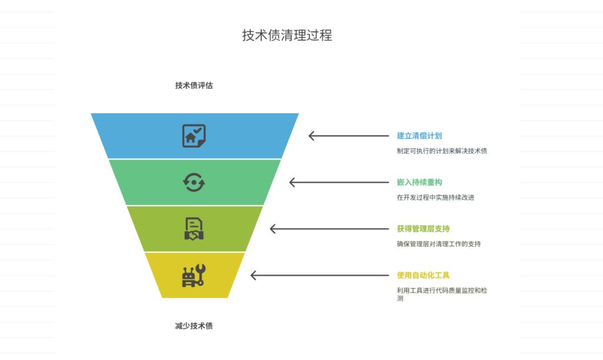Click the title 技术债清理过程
[287, 35]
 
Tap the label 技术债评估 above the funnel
[194, 85]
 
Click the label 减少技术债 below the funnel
[194, 326]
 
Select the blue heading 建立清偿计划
[419, 136]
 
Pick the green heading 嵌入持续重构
[419, 183]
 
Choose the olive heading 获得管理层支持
[423, 229]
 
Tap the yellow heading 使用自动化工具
[423, 275]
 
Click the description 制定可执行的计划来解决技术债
[442, 151]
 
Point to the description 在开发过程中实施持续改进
[435, 197]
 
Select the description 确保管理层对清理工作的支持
[439, 244]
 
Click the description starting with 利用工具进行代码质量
[442, 290]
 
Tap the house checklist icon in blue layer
[194, 136]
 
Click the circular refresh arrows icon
[194, 182]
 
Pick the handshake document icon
[194, 229]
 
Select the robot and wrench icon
[194, 275]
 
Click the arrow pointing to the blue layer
[348, 136]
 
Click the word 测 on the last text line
[400, 299]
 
